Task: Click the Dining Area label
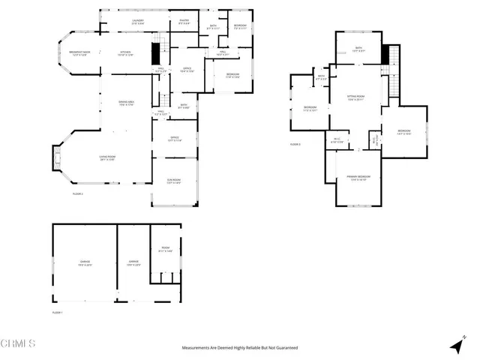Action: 126,103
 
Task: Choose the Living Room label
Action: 106,158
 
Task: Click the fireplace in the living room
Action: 54,158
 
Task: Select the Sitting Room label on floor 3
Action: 355,97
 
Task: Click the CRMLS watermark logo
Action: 19,343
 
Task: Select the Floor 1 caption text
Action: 58,312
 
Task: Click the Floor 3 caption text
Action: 295,144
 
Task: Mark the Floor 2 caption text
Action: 77,193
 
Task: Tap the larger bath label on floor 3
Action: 358,49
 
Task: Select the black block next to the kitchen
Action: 156,54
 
